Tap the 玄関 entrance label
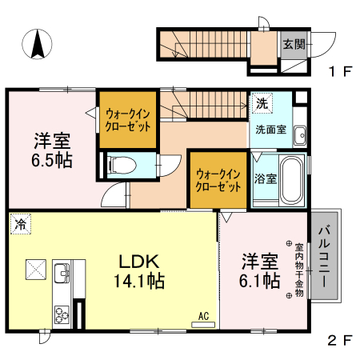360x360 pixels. tap(293, 45)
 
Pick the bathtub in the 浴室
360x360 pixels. tap(291, 181)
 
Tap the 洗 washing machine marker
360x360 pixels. tap(262, 103)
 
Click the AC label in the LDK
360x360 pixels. tap(204, 316)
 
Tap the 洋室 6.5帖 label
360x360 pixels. tap(52, 150)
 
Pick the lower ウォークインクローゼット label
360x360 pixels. tap(218, 179)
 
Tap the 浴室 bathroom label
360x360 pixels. tap(266, 178)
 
